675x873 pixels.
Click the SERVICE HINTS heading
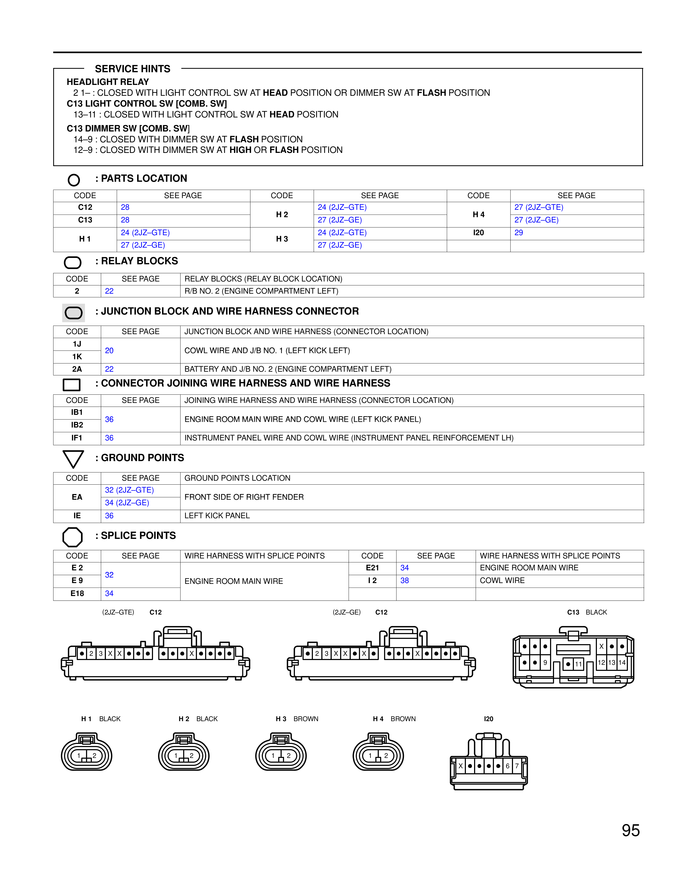click(x=132, y=69)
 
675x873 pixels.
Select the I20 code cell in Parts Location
click(x=478, y=233)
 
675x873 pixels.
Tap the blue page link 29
click(x=519, y=233)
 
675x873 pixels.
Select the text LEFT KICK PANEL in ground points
click(x=217, y=516)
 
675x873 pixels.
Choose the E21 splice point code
click(x=372, y=568)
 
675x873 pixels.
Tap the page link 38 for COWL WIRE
click(x=405, y=580)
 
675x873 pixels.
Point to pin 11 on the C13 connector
click(x=578, y=664)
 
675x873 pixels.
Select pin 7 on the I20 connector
click(x=517, y=766)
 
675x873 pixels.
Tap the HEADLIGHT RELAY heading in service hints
click(x=107, y=82)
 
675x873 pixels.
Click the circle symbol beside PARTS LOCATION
click(x=74, y=180)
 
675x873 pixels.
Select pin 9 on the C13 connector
click(x=545, y=662)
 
